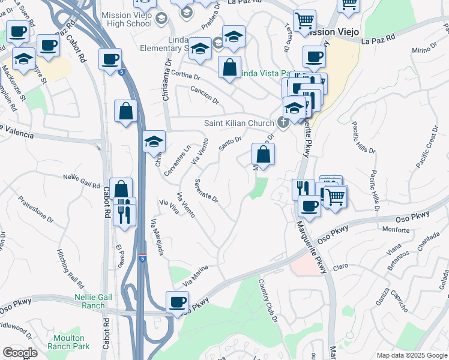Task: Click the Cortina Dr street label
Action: pyautogui.click(x=185, y=76)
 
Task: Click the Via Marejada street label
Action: pyautogui.click(x=157, y=238)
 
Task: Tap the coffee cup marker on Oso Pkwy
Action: pyautogui.click(x=177, y=302)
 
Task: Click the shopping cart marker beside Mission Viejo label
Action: pyautogui.click(x=304, y=21)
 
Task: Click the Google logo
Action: pyautogui.click(x=20, y=353)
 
